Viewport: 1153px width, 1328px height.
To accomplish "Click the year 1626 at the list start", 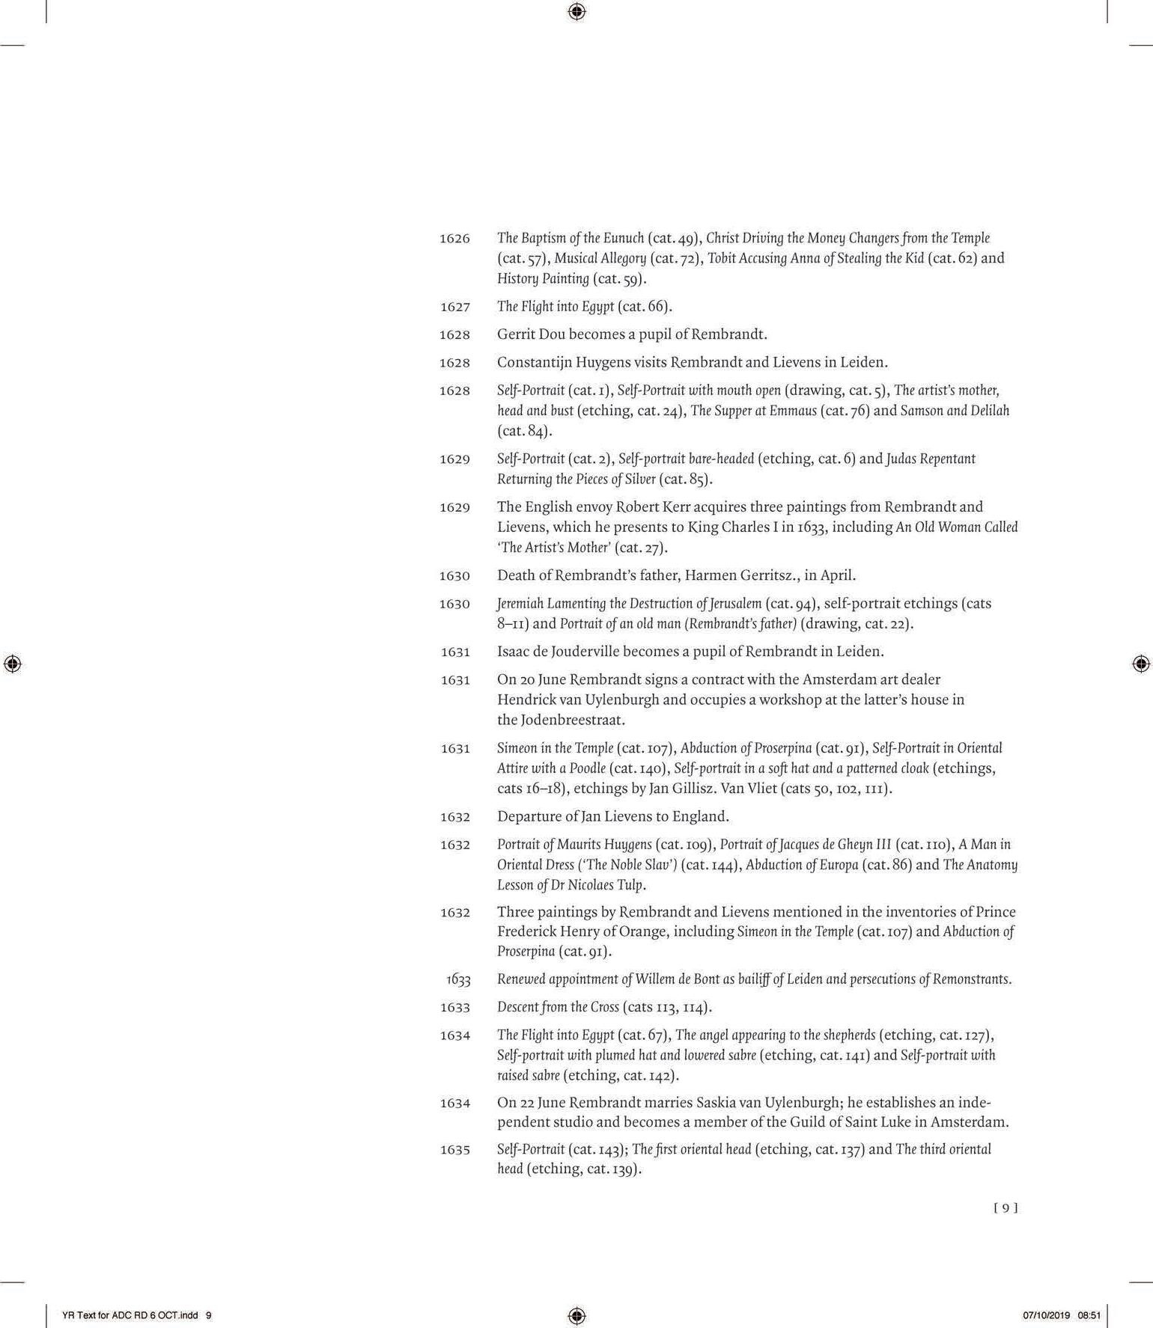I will [454, 239].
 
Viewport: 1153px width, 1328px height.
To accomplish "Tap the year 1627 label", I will [454, 307].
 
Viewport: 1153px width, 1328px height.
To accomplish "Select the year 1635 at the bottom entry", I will [454, 1150].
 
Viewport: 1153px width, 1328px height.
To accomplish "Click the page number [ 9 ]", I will [1006, 1208].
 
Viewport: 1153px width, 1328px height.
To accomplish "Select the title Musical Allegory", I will [600, 259].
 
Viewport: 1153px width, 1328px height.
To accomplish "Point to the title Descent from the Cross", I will [558, 1007].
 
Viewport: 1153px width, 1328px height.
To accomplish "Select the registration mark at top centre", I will [576, 12].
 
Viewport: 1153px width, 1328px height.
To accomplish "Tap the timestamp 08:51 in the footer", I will [1089, 1315].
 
